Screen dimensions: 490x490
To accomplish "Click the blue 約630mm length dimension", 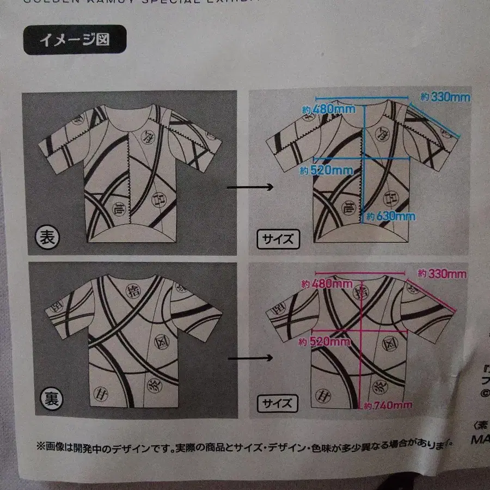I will coord(390,216).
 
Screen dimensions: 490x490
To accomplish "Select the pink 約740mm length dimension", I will coord(388,406).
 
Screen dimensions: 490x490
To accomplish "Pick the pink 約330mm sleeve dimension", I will coord(441,273).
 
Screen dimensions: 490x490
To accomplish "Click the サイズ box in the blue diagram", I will coord(278,238).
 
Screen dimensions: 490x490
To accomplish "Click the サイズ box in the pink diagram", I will coord(278,403).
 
